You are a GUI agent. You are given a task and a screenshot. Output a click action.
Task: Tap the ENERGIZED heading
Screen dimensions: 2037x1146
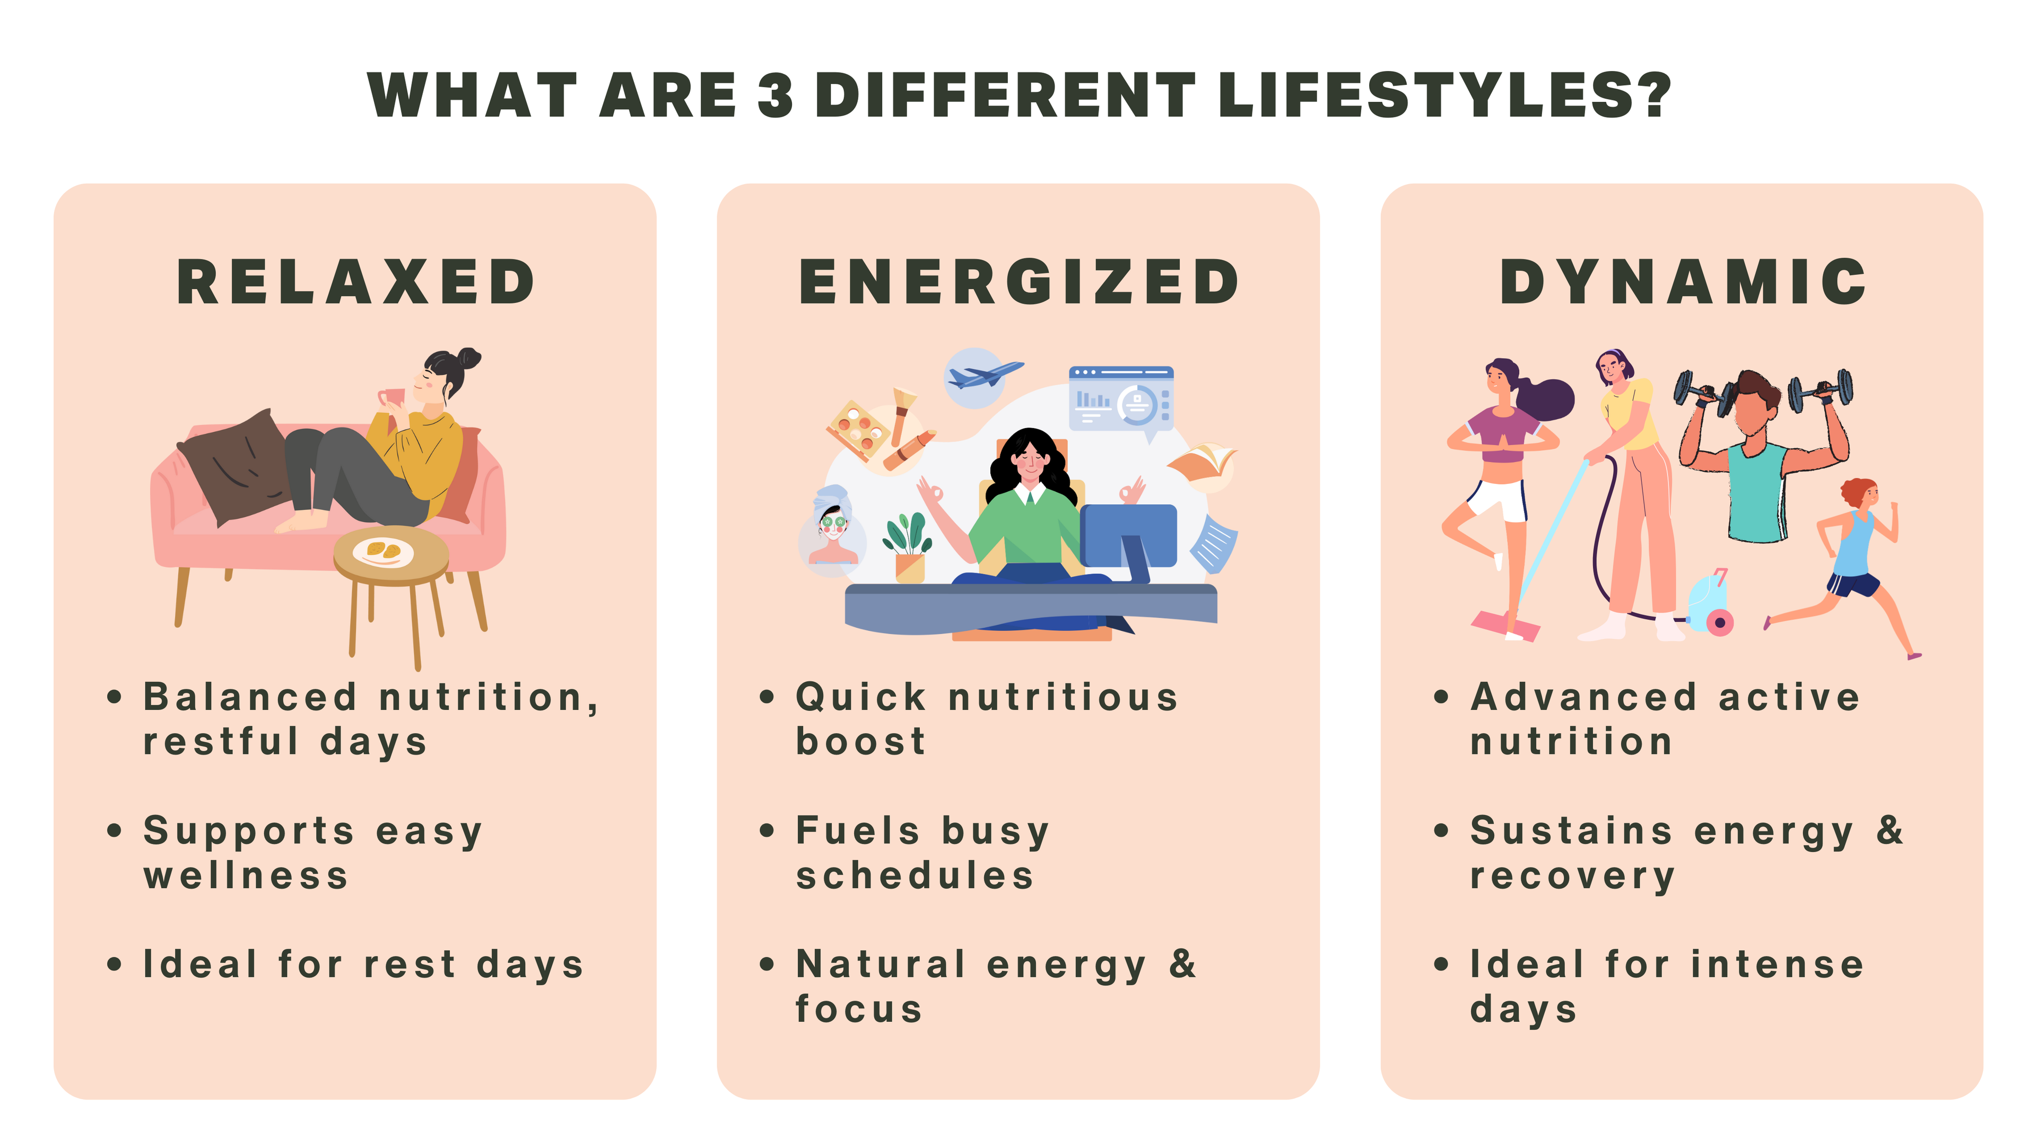click(1019, 282)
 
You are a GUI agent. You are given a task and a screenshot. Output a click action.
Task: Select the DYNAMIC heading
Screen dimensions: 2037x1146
click(1683, 282)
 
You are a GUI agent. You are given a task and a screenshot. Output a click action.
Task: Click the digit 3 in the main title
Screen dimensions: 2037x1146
click(775, 95)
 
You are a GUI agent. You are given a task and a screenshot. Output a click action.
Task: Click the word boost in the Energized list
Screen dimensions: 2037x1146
click(860, 742)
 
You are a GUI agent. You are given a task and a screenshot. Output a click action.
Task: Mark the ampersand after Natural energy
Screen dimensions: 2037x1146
click(1182, 964)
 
